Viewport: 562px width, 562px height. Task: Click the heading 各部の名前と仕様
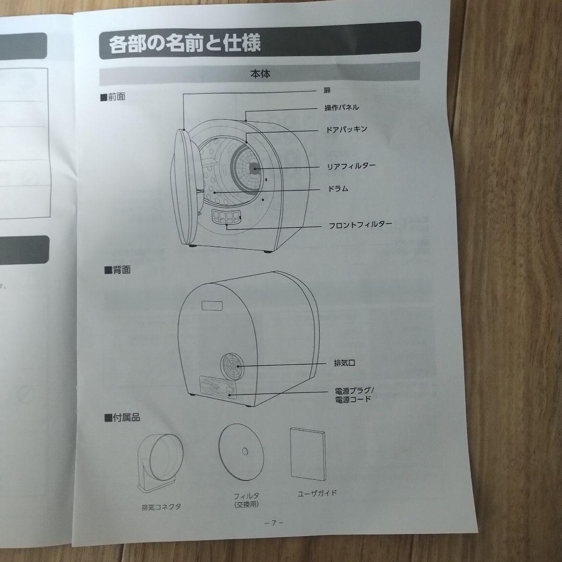click(x=185, y=43)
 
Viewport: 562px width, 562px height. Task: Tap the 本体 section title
click(x=260, y=74)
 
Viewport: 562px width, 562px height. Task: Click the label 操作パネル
click(x=341, y=108)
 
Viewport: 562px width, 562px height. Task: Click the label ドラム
click(x=338, y=188)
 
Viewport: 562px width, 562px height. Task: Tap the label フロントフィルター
click(x=360, y=226)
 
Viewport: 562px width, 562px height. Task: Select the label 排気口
click(x=344, y=364)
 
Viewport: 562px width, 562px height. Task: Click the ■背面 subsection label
click(x=117, y=270)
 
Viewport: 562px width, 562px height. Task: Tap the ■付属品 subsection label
click(x=122, y=417)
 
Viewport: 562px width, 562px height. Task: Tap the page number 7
click(x=273, y=523)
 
